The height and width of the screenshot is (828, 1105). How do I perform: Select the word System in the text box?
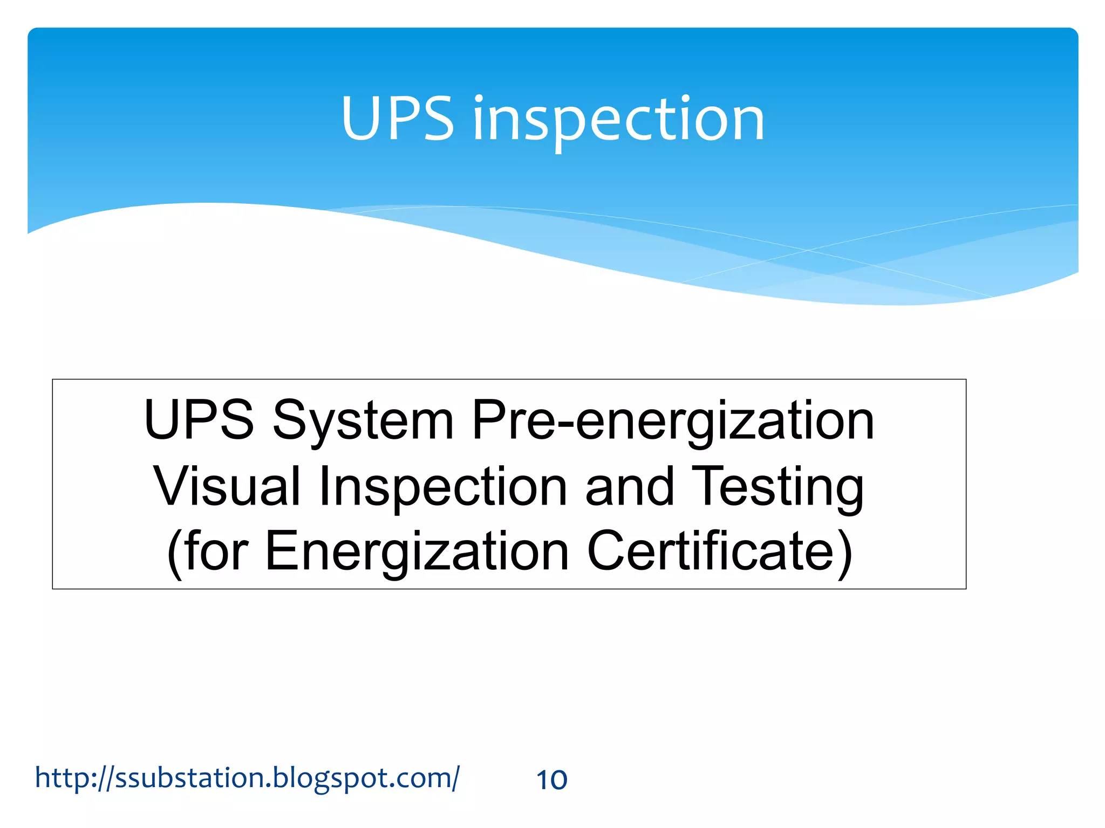click(363, 421)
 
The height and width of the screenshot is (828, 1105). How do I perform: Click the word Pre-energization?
click(672, 421)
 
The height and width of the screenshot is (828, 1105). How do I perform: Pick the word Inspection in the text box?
click(442, 486)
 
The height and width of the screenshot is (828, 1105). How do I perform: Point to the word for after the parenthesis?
click(216, 551)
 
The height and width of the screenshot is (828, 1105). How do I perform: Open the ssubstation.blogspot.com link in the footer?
click(247, 778)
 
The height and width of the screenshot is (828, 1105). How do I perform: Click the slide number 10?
click(551, 780)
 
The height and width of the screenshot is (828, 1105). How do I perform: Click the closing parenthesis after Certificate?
click(845, 552)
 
